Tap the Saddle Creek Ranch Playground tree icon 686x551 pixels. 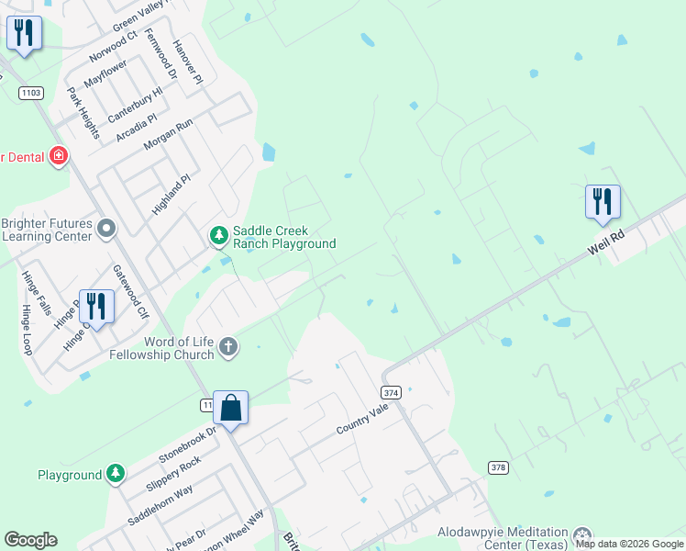tap(218, 237)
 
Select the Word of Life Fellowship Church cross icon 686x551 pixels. tap(229, 347)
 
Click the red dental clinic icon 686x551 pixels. tap(60, 157)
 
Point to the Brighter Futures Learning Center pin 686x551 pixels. tap(107, 228)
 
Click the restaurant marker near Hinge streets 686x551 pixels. tap(96, 305)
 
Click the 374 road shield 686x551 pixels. tap(392, 392)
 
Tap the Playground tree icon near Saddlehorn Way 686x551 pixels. tap(115, 474)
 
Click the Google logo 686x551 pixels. tap(30, 540)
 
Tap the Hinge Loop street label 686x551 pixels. tap(27, 328)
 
